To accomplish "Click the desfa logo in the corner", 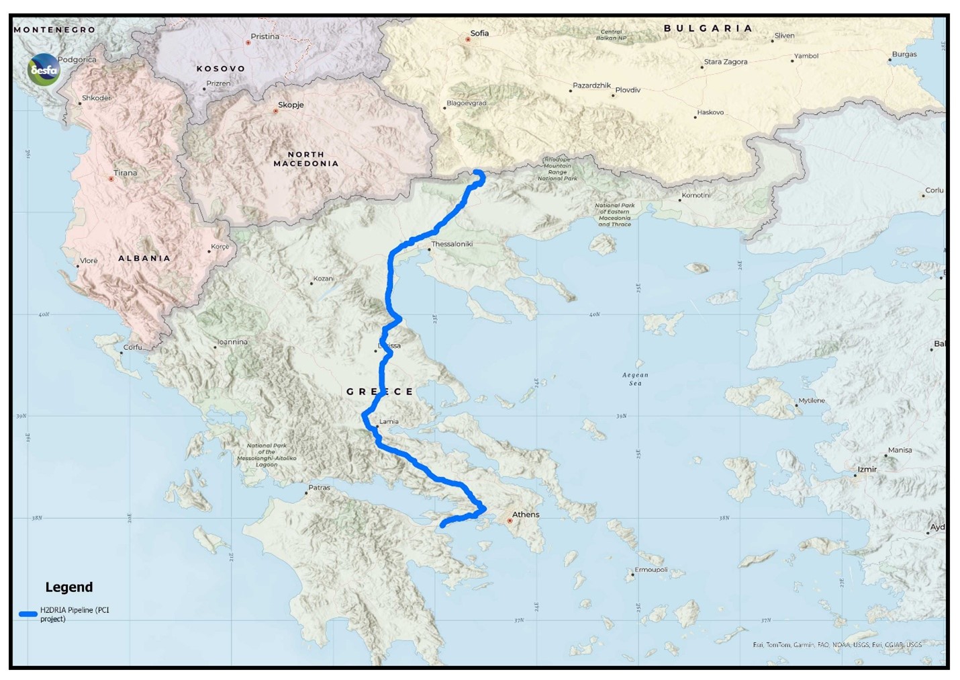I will coord(44,69).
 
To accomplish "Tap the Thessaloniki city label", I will coord(452,244).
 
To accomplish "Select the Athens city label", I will coord(526,515).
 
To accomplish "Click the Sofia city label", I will coord(479,34).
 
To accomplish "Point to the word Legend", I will coord(69,587).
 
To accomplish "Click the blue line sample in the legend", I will coord(28,614).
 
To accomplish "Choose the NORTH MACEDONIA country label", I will coord(306,159).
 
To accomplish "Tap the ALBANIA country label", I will coord(144,258).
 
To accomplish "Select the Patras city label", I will coord(319,488).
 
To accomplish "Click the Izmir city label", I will coord(867,470).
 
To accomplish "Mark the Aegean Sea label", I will coord(635,379).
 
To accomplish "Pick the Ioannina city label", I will coord(232,342).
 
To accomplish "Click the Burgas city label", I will coord(904,54).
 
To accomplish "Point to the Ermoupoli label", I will coord(651,570).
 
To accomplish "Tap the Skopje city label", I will coord(291,105).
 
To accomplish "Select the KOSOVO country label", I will coord(221,69).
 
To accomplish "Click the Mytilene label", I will coord(812,401).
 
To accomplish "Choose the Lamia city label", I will coord(389,422).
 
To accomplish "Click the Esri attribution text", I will coord(837,645).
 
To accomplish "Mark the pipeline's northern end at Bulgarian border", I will coord(478,173).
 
